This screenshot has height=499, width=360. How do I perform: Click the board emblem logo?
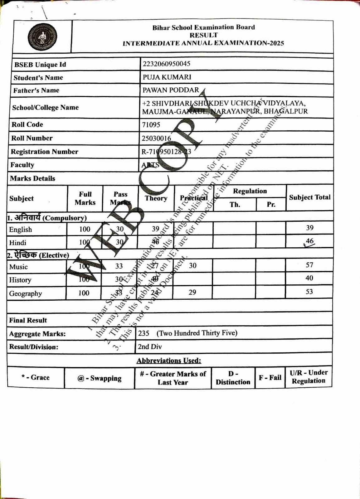pos(42,37)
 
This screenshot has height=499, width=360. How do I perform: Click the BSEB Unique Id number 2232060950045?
pos(166,64)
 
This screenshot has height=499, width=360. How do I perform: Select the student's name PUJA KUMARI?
pos(167,77)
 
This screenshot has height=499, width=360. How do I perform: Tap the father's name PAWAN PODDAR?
pos(171,90)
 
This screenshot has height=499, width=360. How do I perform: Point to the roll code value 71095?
pos(151,125)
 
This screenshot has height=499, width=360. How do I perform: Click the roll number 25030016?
pos(156,138)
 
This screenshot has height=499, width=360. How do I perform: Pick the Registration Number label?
pos(44,152)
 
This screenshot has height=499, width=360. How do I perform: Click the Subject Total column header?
pos(309,197)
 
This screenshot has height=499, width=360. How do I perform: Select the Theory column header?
pos(156,198)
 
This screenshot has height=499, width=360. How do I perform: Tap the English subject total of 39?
pos(309,228)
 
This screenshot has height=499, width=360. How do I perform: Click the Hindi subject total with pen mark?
pos(309,241)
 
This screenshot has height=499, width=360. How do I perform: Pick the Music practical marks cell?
pos(192,265)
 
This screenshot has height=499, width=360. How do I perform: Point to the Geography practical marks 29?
pos(192,292)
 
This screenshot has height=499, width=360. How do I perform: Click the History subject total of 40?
pos(309,278)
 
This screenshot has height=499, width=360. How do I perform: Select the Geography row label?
pos(25,293)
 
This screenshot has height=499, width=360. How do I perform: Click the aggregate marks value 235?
pos(144,333)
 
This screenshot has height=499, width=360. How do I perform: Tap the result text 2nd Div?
pos(150,346)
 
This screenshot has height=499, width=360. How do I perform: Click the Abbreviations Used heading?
pos(169,361)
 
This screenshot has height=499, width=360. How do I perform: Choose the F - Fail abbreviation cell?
pos(270,378)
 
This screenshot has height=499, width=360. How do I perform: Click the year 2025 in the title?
pos(277,43)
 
